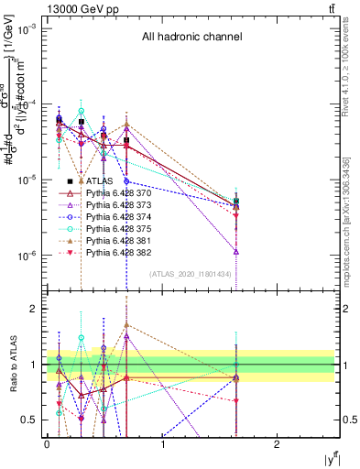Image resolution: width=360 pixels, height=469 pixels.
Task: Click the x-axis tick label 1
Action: [x=162, y=444]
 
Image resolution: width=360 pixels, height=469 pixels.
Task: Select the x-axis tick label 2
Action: [x=278, y=444]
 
